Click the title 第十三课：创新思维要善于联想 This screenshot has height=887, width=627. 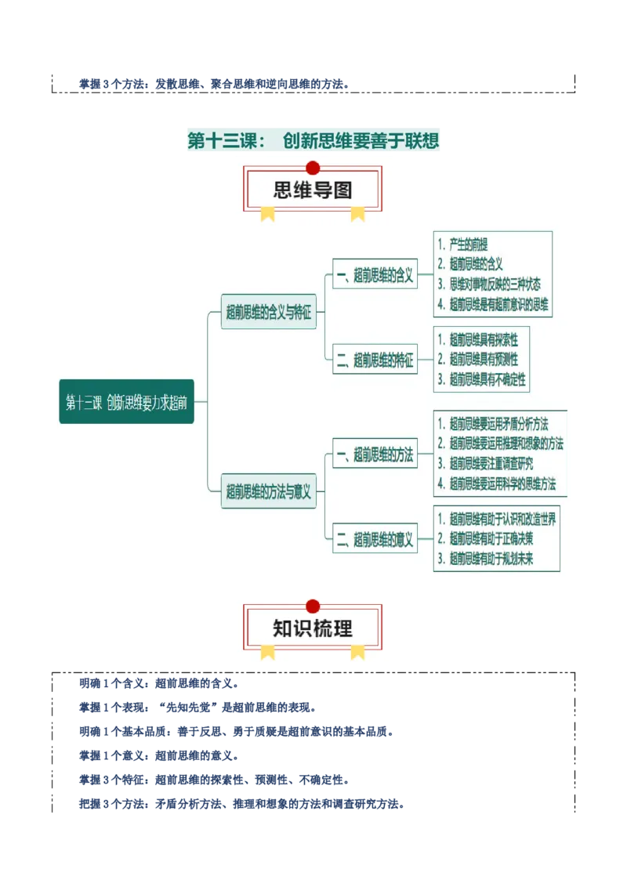point(313,141)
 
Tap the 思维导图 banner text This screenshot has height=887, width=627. point(313,190)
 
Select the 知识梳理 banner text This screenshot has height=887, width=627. point(313,628)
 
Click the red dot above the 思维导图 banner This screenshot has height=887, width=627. point(313,167)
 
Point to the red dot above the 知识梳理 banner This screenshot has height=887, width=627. point(313,606)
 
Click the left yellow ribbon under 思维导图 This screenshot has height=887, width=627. point(267,213)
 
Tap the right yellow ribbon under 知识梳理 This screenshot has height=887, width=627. point(357,651)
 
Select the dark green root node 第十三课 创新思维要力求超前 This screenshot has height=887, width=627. point(126,402)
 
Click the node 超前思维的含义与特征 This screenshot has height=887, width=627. point(268,312)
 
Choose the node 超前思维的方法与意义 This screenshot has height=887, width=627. point(268,492)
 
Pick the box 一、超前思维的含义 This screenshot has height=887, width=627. point(375,275)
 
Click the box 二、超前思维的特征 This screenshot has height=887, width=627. point(375,360)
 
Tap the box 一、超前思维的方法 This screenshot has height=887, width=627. point(375,454)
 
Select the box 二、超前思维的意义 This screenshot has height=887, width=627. point(375,538)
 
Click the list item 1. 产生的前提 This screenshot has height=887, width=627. point(468,245)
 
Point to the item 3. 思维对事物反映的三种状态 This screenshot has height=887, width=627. point(489,284)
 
